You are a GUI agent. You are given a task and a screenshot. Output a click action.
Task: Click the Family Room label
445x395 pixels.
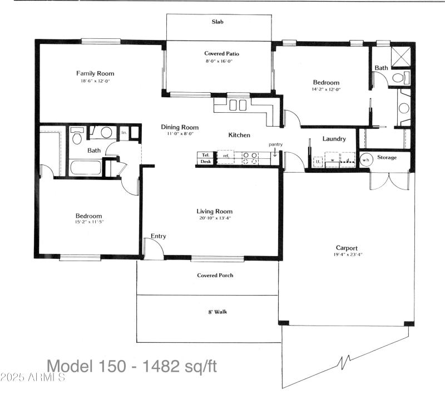(95, 73)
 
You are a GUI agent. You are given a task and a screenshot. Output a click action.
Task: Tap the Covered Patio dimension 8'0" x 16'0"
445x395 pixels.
(221, 62)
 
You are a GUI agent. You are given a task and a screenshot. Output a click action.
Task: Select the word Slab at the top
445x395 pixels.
(217, 22)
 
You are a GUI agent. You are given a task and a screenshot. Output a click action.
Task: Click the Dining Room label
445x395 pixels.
(180, 127)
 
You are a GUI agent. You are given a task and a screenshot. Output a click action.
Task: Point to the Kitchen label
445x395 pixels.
(239, 135)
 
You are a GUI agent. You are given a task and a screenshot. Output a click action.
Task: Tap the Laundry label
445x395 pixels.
(334, 139)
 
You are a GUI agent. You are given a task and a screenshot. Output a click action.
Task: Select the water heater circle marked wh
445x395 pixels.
(366, 159)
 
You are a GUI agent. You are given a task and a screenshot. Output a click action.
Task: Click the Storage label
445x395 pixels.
(387, 158)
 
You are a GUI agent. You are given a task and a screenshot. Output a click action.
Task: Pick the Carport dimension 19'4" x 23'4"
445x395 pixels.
(346, 255)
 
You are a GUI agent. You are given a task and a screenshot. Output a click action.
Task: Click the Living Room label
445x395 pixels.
(214, 211)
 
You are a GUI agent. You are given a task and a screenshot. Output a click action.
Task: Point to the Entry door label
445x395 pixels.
(159, 236)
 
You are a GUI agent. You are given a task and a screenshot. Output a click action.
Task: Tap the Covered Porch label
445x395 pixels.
(215, 276)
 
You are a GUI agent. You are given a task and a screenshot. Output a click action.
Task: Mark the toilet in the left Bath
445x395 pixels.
(77, 136)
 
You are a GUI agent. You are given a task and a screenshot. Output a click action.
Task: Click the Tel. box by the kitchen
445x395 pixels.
(205, 154)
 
